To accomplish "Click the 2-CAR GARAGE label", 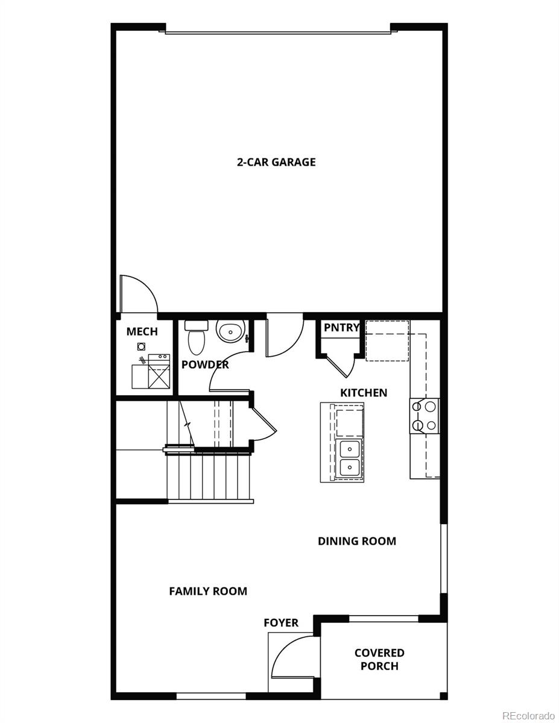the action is pyautogui.click(x=276, y=162).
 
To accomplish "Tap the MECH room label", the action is pyautogui.click(x=142, y=331).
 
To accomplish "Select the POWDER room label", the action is pyautogui.click(x=205, y=365).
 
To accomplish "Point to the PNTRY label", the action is pyautogui.click(x=341, y=327).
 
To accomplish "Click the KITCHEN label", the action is pyautogui.click(x=364, y=393).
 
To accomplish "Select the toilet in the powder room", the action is pyautogui.click(x=196, y=337).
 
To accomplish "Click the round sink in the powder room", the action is pyautogui.click(x=231, y=331).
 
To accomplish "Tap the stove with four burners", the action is pyautogui.click(x=425, y=416).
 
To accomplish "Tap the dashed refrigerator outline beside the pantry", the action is pyautogui.click(x=387, y=340).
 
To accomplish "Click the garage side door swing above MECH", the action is pyautogui.click(x=139, y=294).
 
